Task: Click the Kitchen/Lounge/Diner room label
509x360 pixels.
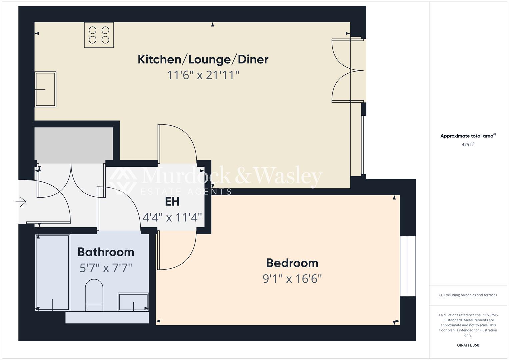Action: coord(203,59)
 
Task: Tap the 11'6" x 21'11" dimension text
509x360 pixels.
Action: coord(203,75)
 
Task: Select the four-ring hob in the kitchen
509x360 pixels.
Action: coord(99,35)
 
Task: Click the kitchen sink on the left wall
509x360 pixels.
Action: coord(46,89)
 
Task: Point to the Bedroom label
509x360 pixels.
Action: coord(292,263)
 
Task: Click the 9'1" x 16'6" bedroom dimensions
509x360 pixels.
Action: coord(292,278)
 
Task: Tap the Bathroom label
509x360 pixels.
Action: coord(106,252)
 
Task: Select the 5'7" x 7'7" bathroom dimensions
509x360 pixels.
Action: coord(106,268)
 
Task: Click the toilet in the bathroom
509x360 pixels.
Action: coord(94,295)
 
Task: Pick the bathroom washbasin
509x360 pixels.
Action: coord(133,302)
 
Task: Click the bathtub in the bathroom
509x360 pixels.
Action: coord(52,273)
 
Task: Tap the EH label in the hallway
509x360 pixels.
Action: coord(172,202)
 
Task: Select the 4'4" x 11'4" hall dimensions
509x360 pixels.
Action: coord(172,218)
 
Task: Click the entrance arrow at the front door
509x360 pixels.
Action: coord(21,202)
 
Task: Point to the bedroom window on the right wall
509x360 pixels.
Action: coord(408,266)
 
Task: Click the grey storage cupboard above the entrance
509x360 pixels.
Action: coord(74,145)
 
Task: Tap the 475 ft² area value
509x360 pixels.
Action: coord(468,145)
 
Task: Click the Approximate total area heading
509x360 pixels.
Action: coord(468,136)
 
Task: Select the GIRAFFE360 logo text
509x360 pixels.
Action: coord(468,345)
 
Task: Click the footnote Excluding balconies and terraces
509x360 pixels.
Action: coord(468,295)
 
